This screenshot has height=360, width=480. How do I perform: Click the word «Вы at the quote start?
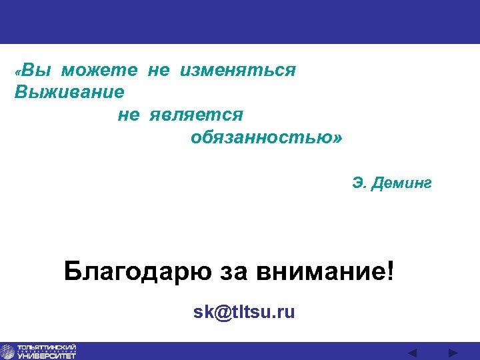pos(31,70)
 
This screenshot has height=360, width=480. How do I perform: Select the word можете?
pos(100,70)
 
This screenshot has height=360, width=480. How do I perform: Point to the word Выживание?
pos(69,91)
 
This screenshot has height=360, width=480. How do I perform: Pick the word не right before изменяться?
pos(158,70)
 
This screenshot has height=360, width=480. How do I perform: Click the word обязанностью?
pos(262,138)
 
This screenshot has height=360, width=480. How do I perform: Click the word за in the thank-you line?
pos(229,271)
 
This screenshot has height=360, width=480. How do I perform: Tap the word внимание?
pos(320,271)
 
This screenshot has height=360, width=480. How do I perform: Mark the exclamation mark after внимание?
pos(390,271)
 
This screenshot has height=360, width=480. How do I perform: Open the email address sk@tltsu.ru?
pos(244,312)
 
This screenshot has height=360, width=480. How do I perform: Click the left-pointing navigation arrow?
pos(412,352)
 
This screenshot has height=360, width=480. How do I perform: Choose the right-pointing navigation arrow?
pos(453,352)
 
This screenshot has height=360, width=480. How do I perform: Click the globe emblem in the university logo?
pos(8,351)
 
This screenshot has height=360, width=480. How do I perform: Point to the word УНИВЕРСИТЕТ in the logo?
pos(47,356)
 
